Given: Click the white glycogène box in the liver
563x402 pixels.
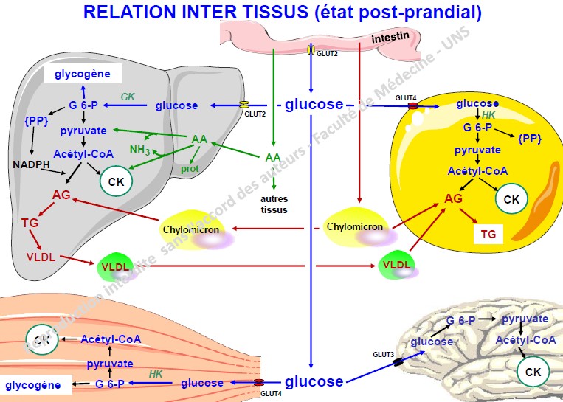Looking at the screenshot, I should [83, 74].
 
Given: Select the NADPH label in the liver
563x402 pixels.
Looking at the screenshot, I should [30, 164].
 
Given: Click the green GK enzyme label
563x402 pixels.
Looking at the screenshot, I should [128, 96].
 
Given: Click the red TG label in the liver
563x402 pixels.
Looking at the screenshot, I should [30, 221].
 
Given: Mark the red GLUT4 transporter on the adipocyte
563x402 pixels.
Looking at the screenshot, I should [413, 107].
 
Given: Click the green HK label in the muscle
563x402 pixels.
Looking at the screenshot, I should [156, 374].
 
